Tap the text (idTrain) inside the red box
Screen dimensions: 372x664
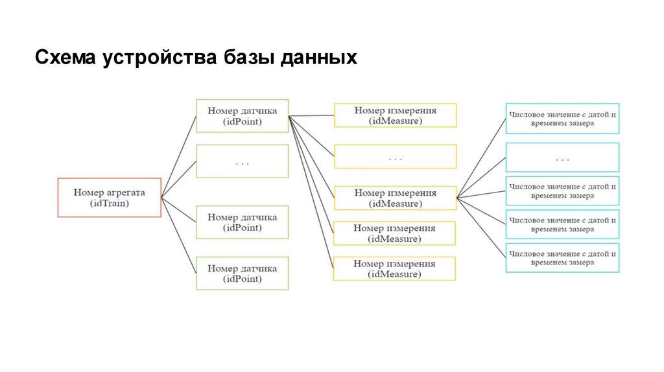coord(109,203)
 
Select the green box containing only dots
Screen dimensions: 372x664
coord(242,161)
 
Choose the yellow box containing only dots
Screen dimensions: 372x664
coord(395,157)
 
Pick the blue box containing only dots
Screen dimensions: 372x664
coord(562,157)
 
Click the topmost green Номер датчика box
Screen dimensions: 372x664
coord(242,115)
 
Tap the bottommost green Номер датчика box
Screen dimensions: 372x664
coord(242,273)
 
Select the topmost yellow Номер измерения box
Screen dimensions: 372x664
coord(395,115)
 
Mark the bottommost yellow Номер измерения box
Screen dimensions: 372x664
coord(394,268)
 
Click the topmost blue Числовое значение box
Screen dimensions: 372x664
coord(562,119)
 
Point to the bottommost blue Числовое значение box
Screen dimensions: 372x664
coord(562,258)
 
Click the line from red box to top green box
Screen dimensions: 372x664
coord(178,156)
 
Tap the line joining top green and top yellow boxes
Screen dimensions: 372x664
coord(311,116)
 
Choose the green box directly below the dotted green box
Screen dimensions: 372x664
coord(242,222)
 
